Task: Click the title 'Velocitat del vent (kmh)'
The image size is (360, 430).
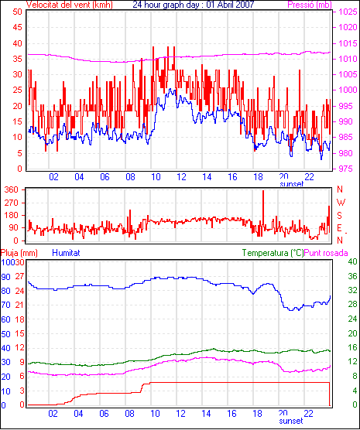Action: point(70,5)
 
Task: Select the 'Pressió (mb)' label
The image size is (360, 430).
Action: point(310,5)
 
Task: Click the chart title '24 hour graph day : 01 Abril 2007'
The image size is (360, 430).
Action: point(194,5)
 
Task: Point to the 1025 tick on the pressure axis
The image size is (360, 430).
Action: point(348,12)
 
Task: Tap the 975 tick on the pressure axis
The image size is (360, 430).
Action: point(347,169)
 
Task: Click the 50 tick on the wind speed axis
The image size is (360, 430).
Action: point(17,12)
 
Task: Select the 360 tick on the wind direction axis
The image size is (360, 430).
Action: point(12,189)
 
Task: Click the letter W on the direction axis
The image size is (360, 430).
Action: point(341,203)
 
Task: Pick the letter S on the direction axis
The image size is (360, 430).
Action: point(339,216)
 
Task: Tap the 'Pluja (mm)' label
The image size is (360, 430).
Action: point(19,253)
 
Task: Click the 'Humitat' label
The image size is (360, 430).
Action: point(66,253)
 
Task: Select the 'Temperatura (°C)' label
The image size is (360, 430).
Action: point(273,253)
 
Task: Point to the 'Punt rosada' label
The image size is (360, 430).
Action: point(326,253)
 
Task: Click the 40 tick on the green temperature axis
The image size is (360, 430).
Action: point(352,261)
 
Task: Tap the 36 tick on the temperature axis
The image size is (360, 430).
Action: point(352,276)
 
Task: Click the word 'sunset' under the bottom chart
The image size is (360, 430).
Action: point(291,421)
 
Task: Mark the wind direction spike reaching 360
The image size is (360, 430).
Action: point(263,208)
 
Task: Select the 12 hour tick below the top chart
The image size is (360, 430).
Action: point(181,177)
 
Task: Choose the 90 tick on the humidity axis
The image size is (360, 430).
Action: point(6,277)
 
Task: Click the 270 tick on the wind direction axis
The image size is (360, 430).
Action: point(12,203)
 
